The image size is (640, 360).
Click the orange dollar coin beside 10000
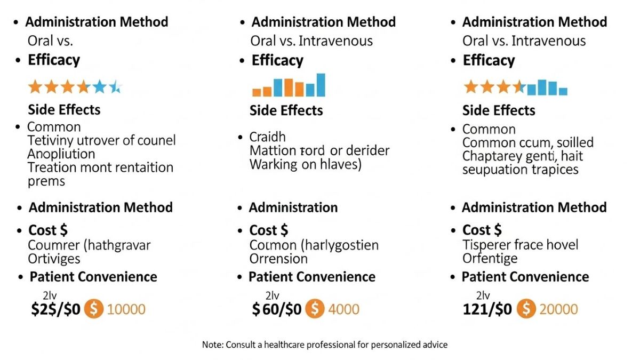coord(94,309)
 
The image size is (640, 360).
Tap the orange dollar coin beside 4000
coord(315,309)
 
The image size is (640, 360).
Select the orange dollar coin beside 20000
coord(527,309)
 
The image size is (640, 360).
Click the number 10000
coord(126,309)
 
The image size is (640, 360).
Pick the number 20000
coord(558,309)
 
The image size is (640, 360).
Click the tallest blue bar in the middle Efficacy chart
coord(321,85)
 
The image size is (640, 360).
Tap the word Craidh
coord(268,137)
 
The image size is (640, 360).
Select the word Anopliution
coord(61,154)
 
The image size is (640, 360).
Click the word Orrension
coord(278,259)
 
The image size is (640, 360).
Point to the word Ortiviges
coord(54,259)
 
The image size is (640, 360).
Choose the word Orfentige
coord(490,259)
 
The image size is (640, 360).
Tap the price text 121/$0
coord(487,309)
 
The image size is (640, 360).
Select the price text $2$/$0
coord(56,309)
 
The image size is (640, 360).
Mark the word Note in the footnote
coord(212,345)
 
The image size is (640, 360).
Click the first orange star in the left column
coord(35,87)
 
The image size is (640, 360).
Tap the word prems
coord(46,181)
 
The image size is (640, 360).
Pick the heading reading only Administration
coord(293,207)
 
